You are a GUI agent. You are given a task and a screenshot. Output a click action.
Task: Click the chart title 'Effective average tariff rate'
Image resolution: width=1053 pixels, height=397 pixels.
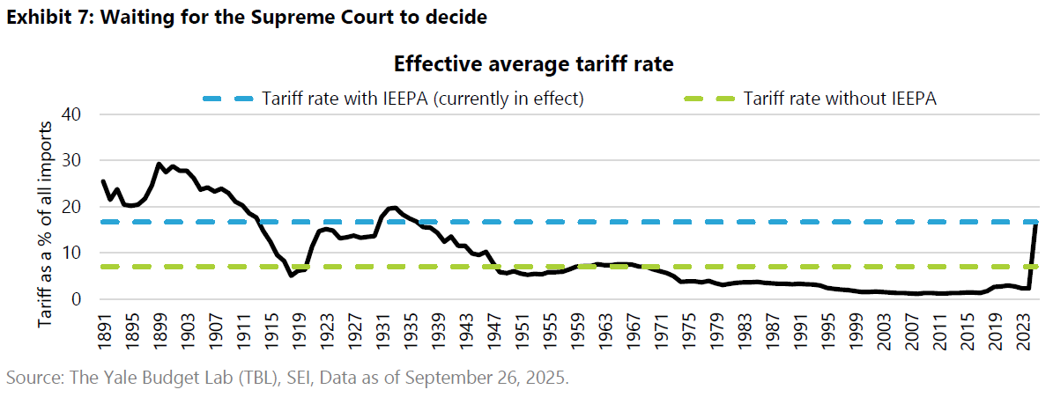tap(533, 64)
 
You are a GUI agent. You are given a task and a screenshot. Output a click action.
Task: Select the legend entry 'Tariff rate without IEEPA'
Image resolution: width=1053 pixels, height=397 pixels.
tap(840, 99)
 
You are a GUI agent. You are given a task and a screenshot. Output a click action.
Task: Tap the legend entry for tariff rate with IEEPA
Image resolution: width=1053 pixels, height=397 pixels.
tap(423, 99)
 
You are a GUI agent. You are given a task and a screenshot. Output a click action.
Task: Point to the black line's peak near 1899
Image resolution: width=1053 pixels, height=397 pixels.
tap(159, 164)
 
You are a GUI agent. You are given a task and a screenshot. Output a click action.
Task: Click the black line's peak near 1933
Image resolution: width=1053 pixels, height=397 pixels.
tap(394, 208)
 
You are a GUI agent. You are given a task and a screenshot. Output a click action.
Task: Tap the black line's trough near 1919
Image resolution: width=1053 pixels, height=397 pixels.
tap(292, 276)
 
